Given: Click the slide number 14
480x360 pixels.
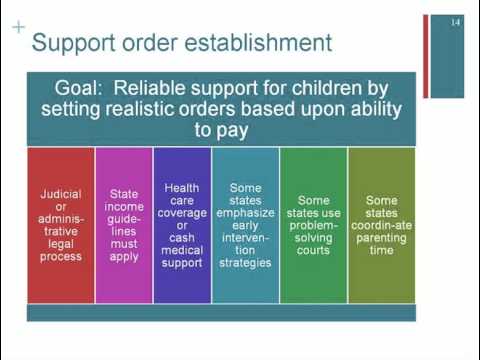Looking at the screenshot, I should point(455,22).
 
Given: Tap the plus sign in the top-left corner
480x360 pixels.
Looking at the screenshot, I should point(18,27).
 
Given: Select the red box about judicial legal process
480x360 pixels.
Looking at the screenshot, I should point(61,225).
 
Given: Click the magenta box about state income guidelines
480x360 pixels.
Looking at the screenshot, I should point(124,225).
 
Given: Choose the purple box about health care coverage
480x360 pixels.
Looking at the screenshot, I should point(182,225).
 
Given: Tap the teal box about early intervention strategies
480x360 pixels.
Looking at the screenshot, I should point(245,225).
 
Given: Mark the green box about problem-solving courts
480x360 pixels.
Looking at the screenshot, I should point(313,225).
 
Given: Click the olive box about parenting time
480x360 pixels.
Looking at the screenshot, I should point(381,225).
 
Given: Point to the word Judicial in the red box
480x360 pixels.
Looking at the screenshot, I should point(61,193).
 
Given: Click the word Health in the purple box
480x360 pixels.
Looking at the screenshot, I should point(182,187).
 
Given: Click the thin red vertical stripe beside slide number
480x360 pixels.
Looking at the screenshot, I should point(426,55).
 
